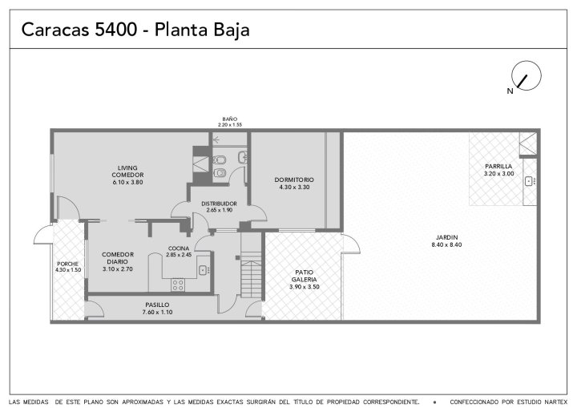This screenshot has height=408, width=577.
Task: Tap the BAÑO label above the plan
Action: (x=230, y=119)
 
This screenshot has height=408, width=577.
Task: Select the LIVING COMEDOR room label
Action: (x=127, y=172)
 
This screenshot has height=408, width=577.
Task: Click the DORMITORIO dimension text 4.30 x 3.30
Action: (x=294, y=187)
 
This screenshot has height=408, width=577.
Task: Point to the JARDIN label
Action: (x=446, y=237)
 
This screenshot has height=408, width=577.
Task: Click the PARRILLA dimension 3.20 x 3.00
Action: (x=499, y=174)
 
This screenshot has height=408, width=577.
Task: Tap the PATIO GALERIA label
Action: (x=305, y=276)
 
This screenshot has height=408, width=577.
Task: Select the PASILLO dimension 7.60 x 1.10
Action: (x=158, y=313)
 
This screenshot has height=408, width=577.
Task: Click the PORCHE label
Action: (x=67, y=264)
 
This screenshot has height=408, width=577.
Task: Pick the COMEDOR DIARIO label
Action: (x=118, y=258)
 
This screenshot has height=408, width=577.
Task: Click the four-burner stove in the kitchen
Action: (x=178, y=285)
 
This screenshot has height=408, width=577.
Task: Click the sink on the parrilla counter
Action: (x=530, y=181)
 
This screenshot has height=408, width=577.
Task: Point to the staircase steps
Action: (x=252, y=274)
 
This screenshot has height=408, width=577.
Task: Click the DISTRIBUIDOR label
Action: (x=219, y=204)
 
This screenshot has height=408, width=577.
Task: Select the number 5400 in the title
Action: (x=116, y=30)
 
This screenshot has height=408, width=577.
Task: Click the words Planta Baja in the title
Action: (x=202, y=30)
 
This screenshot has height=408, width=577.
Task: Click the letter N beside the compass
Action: (x=510, y=91)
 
